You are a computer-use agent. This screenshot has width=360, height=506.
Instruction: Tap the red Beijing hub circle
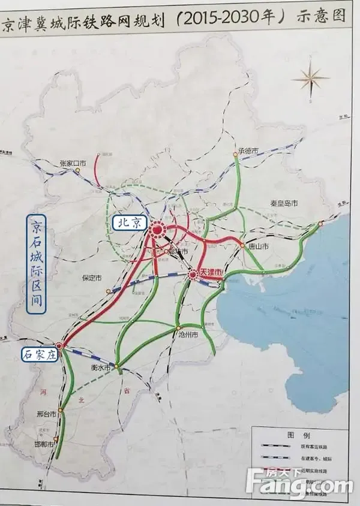(x=158, y=229)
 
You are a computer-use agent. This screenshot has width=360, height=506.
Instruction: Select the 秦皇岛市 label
(x=283, y=204)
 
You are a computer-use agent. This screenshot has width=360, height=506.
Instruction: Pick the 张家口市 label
(x=73, y=162)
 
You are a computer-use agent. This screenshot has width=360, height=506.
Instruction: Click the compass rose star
(x=311, y=79)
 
